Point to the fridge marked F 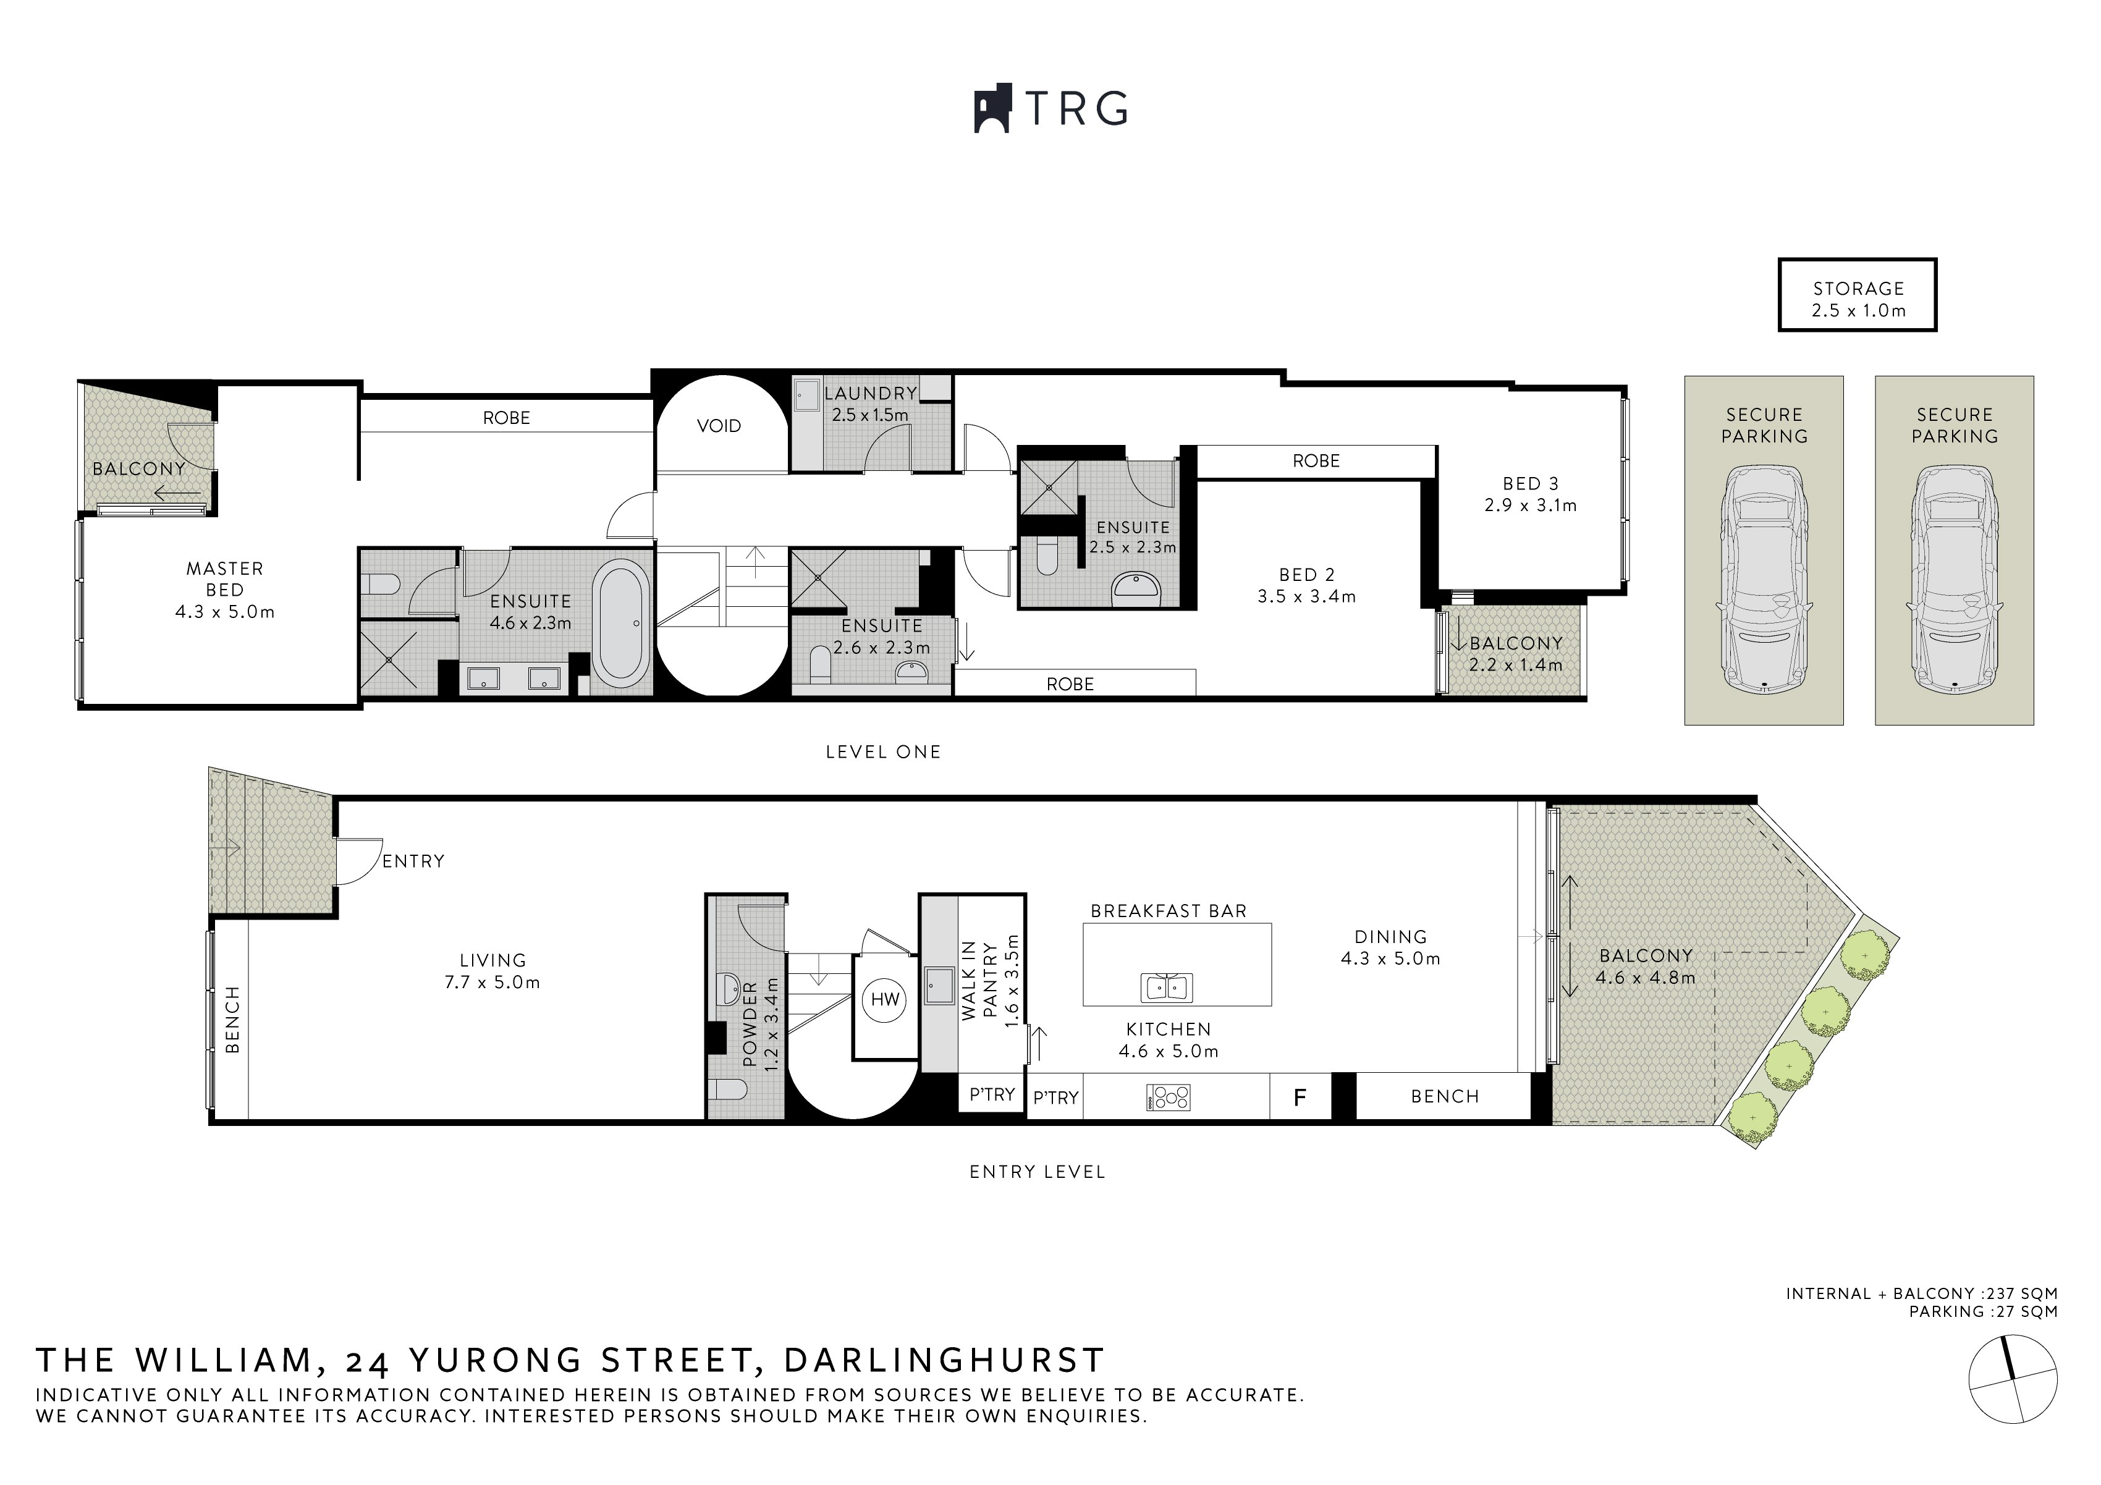(1300, 1097)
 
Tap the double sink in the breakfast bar (1166, 988)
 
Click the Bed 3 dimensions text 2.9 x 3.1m (1530, 505)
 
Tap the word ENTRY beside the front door (413, 861)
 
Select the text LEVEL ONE (882, 752)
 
